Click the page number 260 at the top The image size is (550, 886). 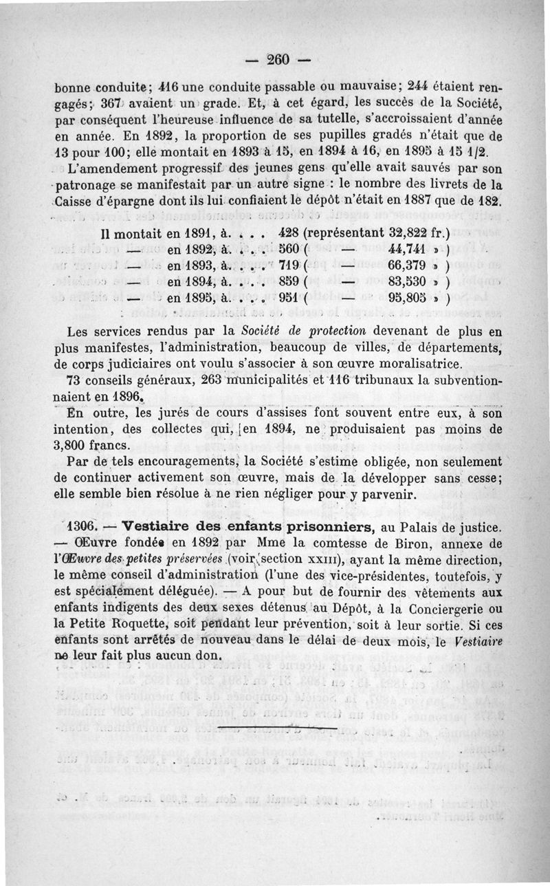point(277,60)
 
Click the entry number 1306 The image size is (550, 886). point(84,528)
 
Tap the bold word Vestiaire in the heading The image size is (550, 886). point(159,528)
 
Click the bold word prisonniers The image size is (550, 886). point(322,528)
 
